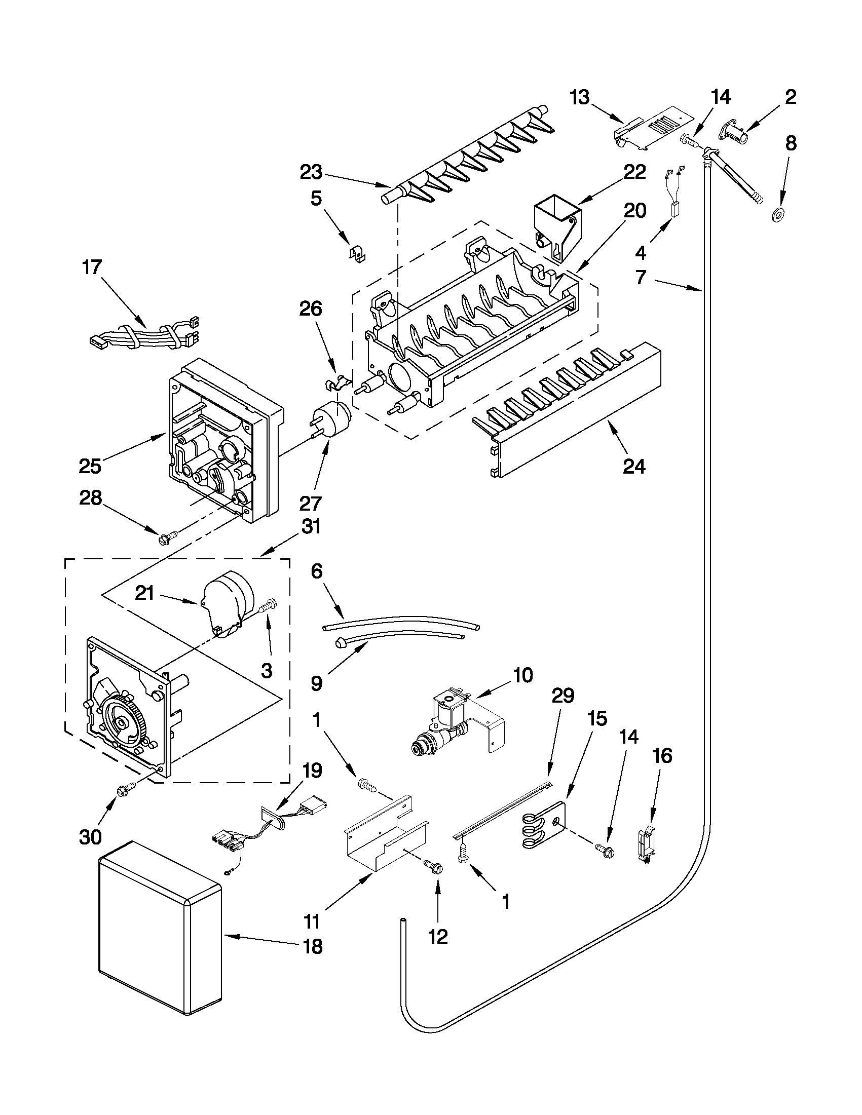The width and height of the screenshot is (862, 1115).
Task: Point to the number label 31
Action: tap(311, 526)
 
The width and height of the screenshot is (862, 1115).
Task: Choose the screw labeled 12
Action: tap(437, 865)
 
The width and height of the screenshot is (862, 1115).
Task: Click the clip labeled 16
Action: tap(645, 845)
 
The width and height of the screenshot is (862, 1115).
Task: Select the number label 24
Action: tap(634, 466)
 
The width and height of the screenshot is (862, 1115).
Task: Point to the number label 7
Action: tap(641, 278)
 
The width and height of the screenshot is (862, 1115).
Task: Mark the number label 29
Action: tap(563, 696)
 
